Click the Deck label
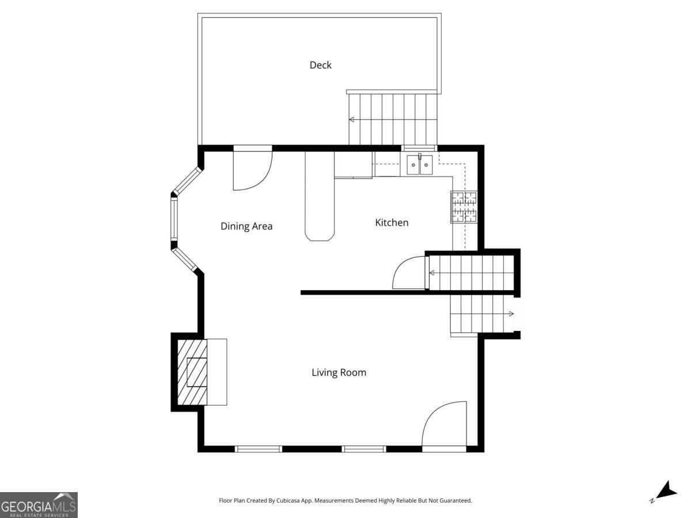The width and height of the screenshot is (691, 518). [x=321, y=65]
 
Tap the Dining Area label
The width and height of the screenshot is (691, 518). [x=246, y=226]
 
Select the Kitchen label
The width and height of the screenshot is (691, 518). [x=392, y=222]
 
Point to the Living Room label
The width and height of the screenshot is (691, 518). [x=339, y=372]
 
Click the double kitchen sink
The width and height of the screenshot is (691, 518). [x=420, y=165]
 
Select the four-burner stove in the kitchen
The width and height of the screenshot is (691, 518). [x=464, y=207]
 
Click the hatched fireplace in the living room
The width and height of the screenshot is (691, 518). [x=192, y=372]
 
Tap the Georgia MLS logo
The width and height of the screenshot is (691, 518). [x=39, y=505]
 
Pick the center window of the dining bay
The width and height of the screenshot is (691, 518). [x=174, y=219]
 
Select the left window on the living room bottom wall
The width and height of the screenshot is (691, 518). [x=259, y=449]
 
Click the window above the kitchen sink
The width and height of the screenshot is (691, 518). [x=419, y=148]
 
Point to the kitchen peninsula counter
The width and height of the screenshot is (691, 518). [x=319, y=196]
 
